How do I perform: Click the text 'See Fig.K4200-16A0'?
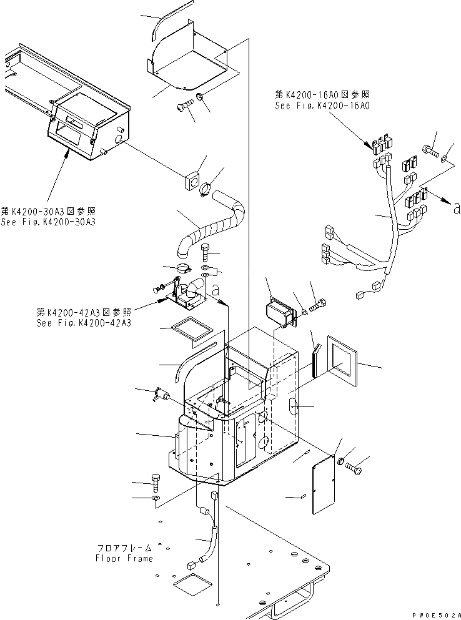coord(322,106)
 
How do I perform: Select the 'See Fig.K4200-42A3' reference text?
coord(84,323)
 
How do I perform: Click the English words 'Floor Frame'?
coord(124,558)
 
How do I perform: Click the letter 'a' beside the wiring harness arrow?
coord(457,209)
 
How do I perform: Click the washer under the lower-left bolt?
coord(155,498)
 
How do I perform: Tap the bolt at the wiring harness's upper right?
coord(430,150)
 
